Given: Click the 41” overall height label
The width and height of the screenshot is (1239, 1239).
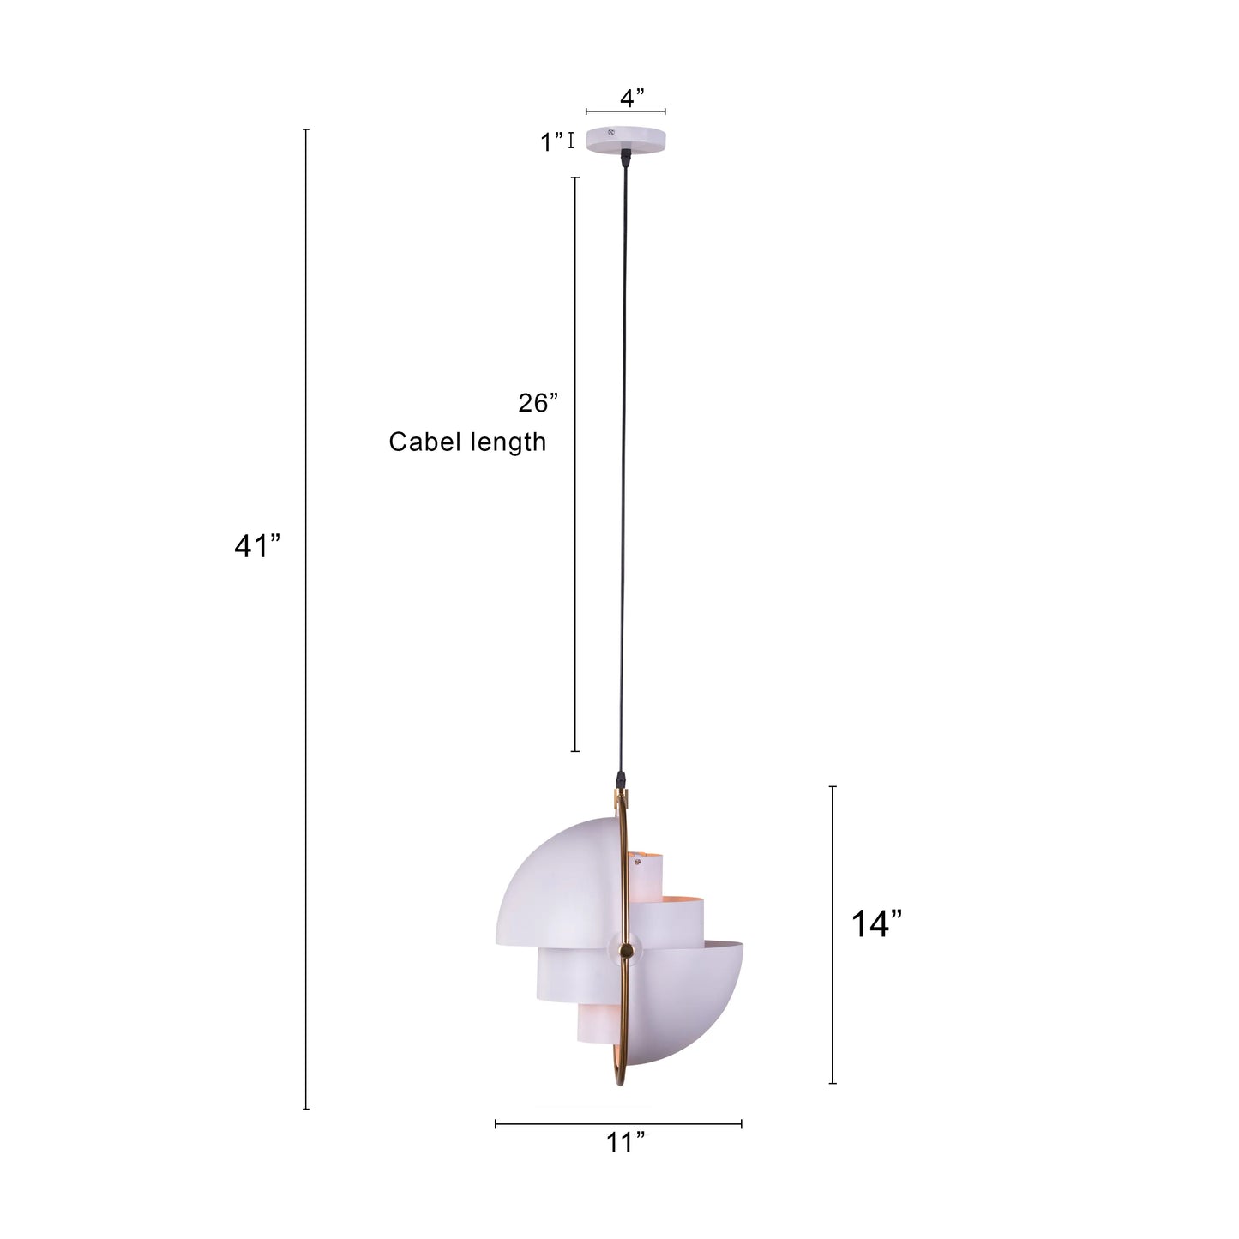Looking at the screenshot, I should (257, 546).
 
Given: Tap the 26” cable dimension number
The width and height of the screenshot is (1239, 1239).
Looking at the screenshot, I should (538, 402).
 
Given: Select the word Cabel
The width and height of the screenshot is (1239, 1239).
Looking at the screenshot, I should (426, 442).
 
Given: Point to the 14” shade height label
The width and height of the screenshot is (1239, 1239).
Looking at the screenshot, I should (876, 924).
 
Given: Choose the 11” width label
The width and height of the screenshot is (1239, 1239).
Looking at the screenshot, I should (625, 1143).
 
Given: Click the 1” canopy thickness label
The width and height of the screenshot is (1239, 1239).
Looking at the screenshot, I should (551, 141).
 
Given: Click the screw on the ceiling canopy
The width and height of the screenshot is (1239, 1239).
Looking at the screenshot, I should (611, 133).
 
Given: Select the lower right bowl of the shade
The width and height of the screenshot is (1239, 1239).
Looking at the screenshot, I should (686, 1003).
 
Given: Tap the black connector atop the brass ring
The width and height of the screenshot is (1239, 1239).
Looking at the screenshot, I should (618, 779).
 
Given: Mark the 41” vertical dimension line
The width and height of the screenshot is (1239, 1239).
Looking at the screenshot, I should (306, 686).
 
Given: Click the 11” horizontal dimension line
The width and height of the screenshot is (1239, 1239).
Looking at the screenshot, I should (617, 1123).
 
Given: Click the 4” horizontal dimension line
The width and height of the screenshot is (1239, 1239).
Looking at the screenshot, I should (625, 111).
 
